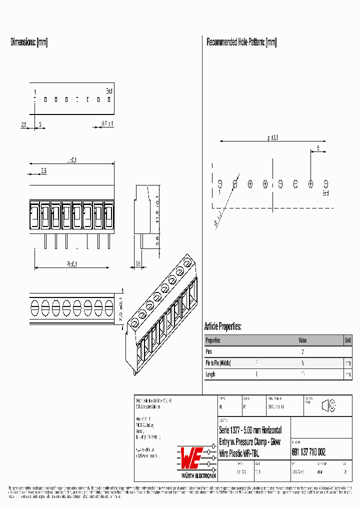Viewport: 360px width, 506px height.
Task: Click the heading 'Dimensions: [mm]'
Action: click(29, 42)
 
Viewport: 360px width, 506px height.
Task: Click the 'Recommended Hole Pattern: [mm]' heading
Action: click(241, 42)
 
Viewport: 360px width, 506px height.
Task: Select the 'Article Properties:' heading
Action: click(223, 327)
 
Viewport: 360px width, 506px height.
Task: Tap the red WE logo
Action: click(191, 455)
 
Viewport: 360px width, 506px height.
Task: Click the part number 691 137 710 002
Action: click(308, 452)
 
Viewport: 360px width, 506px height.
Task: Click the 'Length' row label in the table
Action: click(211, 374)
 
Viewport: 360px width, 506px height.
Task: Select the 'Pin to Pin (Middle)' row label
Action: click(218, 363)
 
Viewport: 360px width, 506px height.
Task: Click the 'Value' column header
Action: click(303, 340)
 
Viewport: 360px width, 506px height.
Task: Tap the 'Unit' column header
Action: click(347, 340)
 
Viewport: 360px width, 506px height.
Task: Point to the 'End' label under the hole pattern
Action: click(325, 193)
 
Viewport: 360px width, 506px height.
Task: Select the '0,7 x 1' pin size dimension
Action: click(107, 123)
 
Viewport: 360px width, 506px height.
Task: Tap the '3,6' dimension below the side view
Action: click(138, 263)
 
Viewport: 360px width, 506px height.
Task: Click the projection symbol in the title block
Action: click(328, 406)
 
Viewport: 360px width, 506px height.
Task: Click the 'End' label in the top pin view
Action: click(109, 90)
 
